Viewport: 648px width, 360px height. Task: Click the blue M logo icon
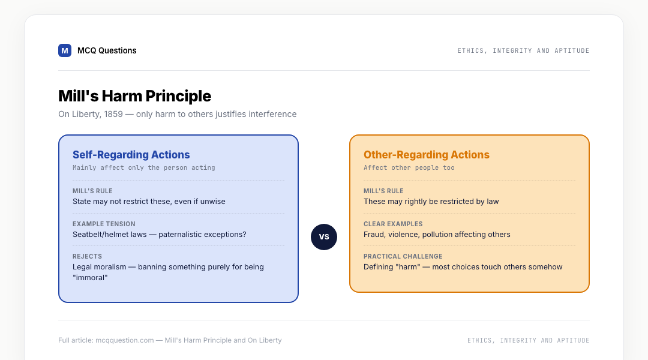coord(64,50)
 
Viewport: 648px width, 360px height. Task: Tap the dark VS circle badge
coord(324,237)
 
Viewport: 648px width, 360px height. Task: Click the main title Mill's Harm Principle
coord(135,96)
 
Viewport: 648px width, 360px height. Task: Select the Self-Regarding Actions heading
coord(131,155)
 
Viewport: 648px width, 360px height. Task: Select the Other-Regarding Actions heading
coord(427,155)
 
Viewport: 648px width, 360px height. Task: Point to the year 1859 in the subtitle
coord(113,114)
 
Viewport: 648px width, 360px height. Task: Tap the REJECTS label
coord(87,256)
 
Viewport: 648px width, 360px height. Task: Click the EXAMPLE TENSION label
coord(104,224)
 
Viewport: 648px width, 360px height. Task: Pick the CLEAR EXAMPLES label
coord(393,224)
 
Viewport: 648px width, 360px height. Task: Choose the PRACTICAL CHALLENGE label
coord(403,256)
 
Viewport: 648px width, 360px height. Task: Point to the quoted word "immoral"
coord(90,278)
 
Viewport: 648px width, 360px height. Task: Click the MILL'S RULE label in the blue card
coord(92,191)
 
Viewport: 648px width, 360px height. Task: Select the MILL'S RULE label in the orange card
coord(383,191)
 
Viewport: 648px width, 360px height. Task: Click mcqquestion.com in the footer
coord(124,340)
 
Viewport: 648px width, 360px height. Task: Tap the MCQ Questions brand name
coord(107,50)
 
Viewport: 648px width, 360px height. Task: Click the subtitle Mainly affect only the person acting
coord(144,167)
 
